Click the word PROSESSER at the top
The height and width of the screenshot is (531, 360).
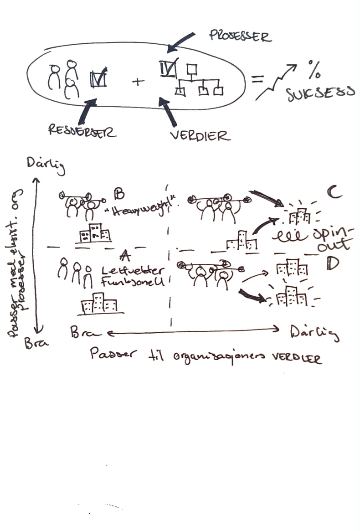[240, 36]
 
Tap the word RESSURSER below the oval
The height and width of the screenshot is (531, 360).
[82, 131]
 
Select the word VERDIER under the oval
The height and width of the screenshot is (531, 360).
[200, 135]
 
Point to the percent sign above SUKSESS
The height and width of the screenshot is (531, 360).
[314, 69]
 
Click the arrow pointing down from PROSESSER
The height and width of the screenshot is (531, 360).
[181, 41]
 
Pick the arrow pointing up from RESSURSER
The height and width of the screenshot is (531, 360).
[87, 112]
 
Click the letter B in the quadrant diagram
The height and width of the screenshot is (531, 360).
[118, 194]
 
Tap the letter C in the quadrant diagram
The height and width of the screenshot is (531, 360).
[334, 193]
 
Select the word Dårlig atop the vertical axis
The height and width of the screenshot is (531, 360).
[46, 165]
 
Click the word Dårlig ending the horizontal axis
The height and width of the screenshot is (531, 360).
[315, 334]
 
